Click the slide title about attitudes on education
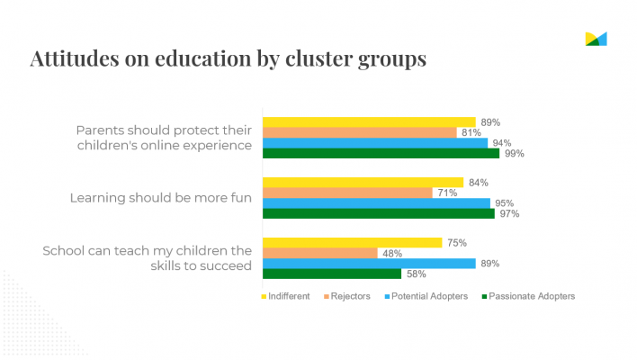coord(228,58)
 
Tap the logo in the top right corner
coord(596,38)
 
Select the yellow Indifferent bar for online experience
coord(368,121)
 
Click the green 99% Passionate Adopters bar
coord(380,153)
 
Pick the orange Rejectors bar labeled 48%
coord(319,253)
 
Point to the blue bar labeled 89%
coord(368,264)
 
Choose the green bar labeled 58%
coord(331,274)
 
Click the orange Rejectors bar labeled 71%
coord(346,193)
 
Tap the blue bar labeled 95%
coord(376,203)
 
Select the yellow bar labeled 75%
coord(352,242)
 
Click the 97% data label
coord(508,213)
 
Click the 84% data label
coord(477,183)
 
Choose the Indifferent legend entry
coord(287,296)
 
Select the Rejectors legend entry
coord(345,296)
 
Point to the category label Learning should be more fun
coord(160,198)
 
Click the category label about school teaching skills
coord(148,257)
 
